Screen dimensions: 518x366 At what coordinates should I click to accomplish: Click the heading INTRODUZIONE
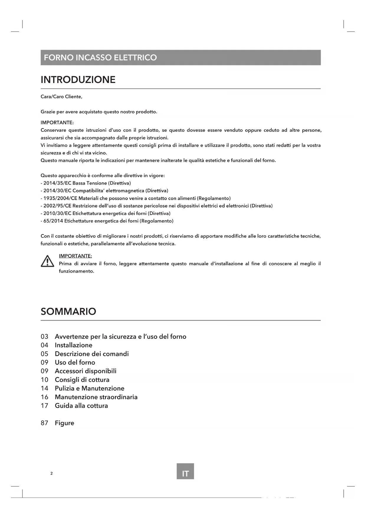[78, 80]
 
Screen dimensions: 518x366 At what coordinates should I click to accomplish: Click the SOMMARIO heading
[68, 312]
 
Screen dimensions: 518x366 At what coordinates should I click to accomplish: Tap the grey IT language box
[185, 474]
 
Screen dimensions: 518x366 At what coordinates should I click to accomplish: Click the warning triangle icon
[47, 261]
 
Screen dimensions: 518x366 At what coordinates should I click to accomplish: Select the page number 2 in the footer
[52, 474]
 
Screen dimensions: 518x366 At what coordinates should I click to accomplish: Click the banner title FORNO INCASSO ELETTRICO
[100, 57]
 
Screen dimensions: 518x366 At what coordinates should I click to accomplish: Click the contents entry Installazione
[73, 345]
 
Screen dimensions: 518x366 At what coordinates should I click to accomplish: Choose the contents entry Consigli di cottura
[82, 380]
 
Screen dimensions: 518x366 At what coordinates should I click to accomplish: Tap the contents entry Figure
[64, 423]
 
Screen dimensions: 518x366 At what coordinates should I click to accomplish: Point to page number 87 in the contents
[45, 423]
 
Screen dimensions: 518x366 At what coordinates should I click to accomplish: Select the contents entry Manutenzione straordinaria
[96, 397]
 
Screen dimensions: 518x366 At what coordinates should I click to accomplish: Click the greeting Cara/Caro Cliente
[61, 97]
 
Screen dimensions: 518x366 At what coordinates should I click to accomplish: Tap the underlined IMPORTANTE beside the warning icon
[76, 256]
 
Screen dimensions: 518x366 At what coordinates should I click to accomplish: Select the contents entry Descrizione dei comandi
[92, 354]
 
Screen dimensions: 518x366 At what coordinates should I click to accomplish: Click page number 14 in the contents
[45, 388]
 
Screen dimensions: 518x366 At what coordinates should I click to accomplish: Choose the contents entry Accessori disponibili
[86, 371]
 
